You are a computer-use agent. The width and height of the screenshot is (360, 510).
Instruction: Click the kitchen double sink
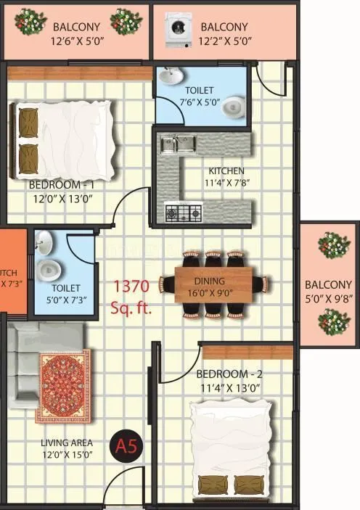[178, 144]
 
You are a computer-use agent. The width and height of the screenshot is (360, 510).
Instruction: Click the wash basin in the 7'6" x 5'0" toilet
[169, 76]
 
